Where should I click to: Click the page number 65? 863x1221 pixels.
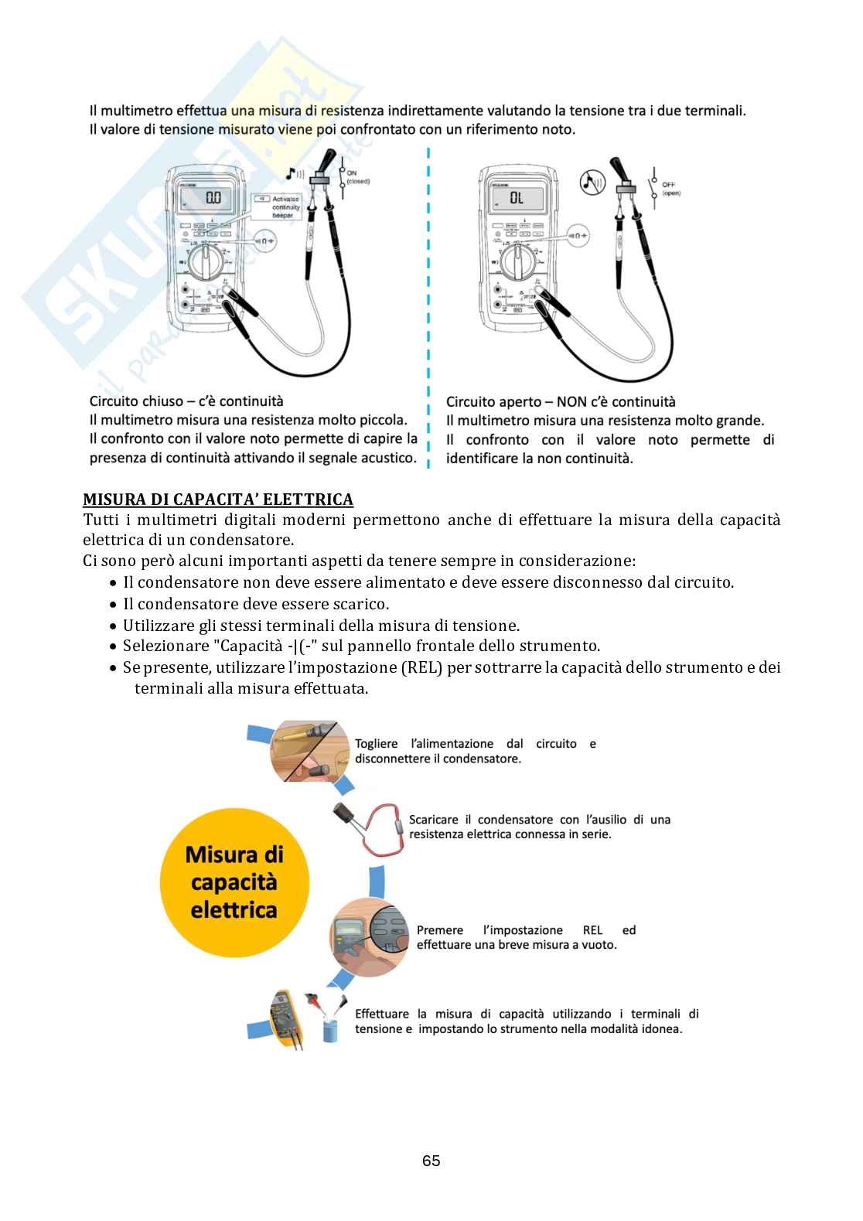[x=432, y=1161]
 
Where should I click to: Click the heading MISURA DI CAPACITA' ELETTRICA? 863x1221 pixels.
[x=217, y=500]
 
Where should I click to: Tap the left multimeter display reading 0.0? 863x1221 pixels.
[x=213, y=198]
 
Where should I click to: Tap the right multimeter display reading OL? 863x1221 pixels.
[x=517, y=199]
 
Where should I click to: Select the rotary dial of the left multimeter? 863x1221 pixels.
[x=206, y=264]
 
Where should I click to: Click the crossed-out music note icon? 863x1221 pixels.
[x=592, y=182]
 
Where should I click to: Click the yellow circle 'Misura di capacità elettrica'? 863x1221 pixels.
[x=234, y=882]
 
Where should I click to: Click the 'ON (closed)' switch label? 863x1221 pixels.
[x=357, y=177]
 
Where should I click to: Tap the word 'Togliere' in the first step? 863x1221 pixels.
[x=376, y=744]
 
